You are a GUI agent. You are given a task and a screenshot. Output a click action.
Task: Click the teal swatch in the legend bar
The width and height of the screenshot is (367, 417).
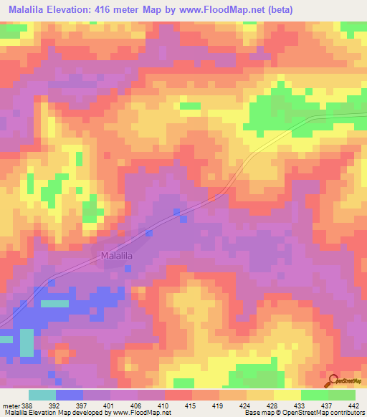coord(42,395)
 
